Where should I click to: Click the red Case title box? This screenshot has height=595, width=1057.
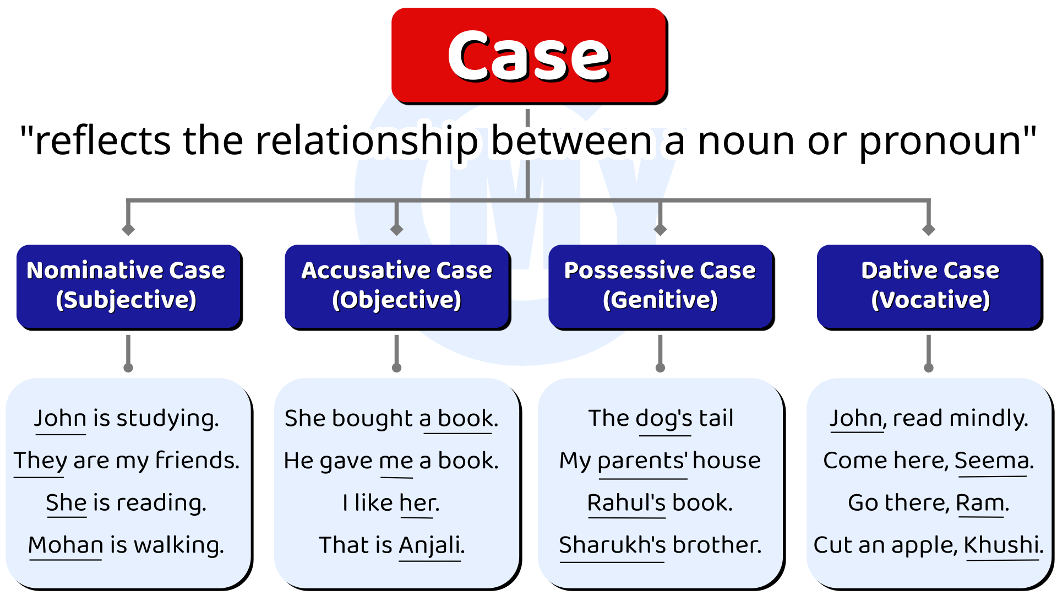[528, 55]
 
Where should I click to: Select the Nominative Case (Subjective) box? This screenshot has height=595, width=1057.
[128, 285]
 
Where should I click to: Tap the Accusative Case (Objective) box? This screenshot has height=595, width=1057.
[396, 285]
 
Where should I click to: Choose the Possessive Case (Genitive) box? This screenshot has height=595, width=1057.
[660, 285]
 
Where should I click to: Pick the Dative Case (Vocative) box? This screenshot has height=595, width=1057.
[929, 285]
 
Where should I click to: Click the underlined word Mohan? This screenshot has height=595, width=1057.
[66, 545]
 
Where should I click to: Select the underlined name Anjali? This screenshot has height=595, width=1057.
[429, 545]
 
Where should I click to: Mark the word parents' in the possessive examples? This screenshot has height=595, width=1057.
[642, 461]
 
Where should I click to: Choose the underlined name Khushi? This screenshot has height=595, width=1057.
[1001, 545]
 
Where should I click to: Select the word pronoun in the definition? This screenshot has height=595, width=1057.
[940, 141]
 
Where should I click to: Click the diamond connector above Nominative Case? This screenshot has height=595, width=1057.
[128, 229]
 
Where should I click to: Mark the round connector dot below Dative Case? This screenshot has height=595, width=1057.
[929, 367]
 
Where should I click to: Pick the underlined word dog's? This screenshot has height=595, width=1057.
[664, 419]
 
